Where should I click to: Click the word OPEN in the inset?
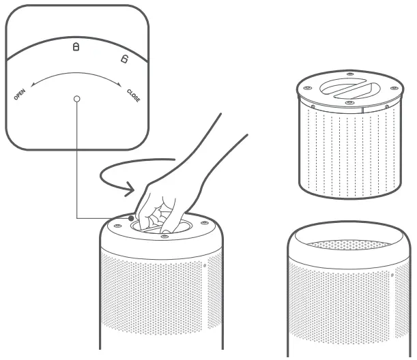tap(20, 93)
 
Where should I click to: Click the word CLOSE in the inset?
tap(134, 94)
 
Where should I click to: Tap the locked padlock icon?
tap(76, 47)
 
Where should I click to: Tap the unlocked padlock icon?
tap(124, 59)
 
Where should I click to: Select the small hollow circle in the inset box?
tap(76, 100)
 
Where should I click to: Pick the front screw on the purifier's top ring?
tap(164, 236)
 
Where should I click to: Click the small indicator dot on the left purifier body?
tap(204, 265)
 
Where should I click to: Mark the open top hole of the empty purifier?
tap(348, 244)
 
